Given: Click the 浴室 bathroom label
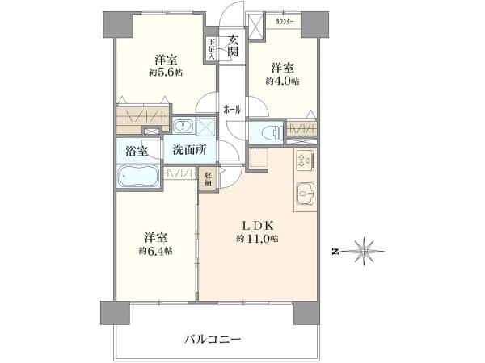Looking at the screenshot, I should pyautogui.click(x=137, y=149).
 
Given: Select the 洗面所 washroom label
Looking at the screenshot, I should pyautogui.click(x=188, y=150).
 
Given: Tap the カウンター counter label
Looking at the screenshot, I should pyautogui.click(x=285, y=20).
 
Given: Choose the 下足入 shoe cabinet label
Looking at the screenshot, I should pyautogui.click(x=212, y=49).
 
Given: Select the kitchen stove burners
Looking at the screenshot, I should pyautogui.click(x=306, y=161).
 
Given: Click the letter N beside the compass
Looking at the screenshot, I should pyautogui.click(x=335, y=251).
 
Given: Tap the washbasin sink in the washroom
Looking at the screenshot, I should pyautogui.click(x=183, y=126).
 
